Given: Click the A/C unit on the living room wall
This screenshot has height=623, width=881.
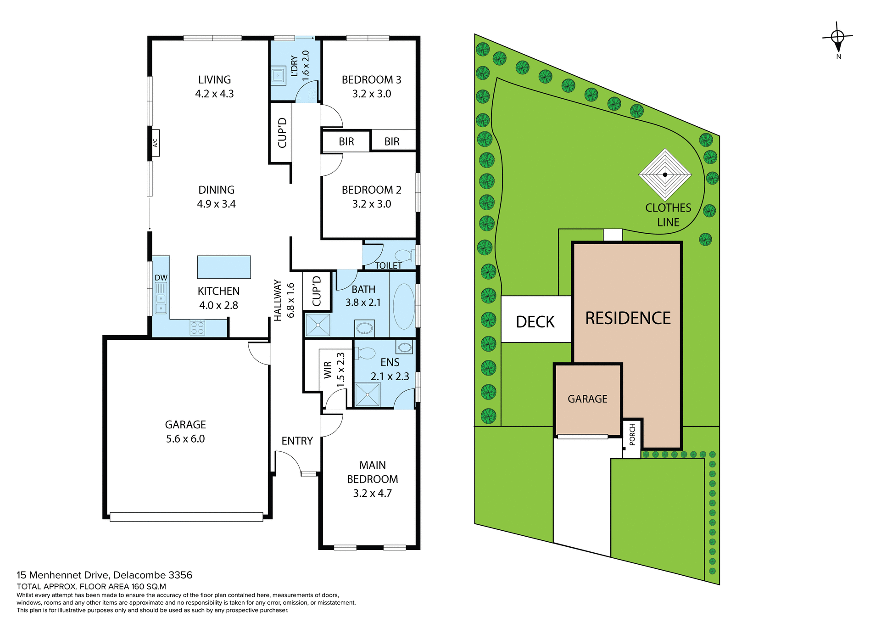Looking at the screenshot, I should [155, 143].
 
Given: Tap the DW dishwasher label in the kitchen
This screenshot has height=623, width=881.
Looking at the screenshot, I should [161, 278].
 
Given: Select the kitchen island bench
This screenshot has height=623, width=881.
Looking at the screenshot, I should [224, 267].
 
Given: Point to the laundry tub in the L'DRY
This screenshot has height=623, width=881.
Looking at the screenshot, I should [278, 75].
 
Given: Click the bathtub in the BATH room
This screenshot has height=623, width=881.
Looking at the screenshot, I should [404, 306].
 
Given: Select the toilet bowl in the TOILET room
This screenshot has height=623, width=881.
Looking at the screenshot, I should [403, 255].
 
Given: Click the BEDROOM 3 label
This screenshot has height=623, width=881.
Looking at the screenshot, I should [371, 80].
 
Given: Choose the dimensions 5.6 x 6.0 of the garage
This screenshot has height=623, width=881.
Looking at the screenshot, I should [185, 439].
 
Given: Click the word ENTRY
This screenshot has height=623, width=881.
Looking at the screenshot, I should [297, 441].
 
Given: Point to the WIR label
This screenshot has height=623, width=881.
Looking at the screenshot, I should [328, 370].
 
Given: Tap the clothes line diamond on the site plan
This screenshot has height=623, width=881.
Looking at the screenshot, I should [665, 174].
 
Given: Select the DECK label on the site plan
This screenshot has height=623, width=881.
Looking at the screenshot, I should [535, 322].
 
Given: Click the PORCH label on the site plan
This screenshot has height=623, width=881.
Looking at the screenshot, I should [632, 434].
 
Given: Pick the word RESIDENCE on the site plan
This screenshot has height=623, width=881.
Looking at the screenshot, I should [628, 318].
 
